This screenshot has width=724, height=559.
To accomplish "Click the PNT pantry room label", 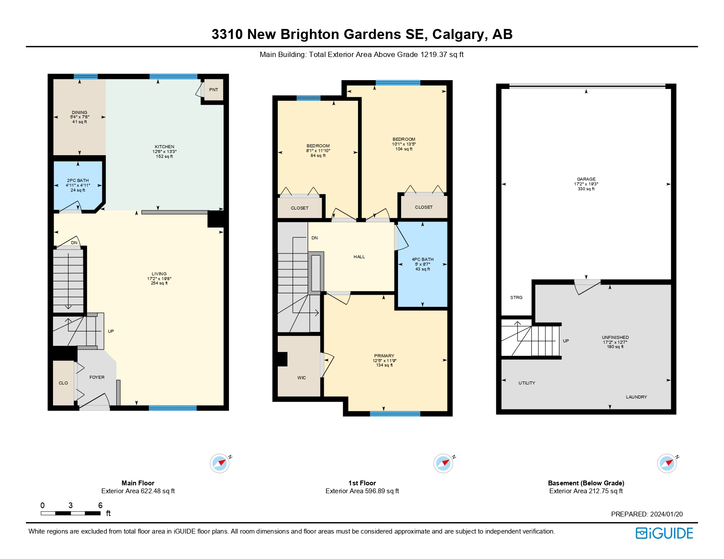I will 214,90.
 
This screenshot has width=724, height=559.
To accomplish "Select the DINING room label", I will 79,113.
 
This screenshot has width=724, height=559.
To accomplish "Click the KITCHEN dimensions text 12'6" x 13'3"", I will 165,152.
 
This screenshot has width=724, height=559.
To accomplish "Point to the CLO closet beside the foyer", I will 63,383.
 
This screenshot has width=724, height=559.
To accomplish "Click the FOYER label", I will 97,377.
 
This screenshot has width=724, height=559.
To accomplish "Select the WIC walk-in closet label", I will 301,378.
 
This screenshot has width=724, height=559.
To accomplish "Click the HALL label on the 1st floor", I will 359,257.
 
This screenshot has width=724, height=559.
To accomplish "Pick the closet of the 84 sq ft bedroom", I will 300,208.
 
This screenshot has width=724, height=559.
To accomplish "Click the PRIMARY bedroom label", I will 384,356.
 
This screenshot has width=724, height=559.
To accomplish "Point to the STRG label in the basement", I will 516,298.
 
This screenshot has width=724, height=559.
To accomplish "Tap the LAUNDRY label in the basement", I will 636,397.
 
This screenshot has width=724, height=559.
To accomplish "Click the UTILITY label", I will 527,383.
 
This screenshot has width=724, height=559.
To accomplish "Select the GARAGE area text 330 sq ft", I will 586,189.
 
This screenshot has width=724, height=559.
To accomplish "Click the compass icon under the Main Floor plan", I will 219,463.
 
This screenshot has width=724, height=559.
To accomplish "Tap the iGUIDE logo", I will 664,533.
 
